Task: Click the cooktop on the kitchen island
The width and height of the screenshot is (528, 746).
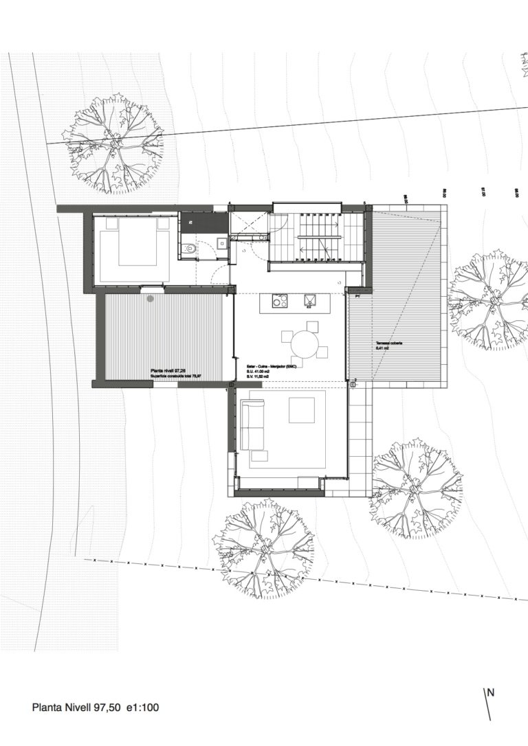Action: [280, 300]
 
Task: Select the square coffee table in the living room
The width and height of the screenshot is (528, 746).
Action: [301, 410]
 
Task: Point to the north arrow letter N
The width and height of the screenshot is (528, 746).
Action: [490, 693]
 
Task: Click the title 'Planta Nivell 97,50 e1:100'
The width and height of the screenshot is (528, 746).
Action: [96, 706]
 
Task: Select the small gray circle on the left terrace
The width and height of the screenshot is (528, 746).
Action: [151, 298]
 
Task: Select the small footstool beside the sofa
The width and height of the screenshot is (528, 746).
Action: [260, 455]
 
